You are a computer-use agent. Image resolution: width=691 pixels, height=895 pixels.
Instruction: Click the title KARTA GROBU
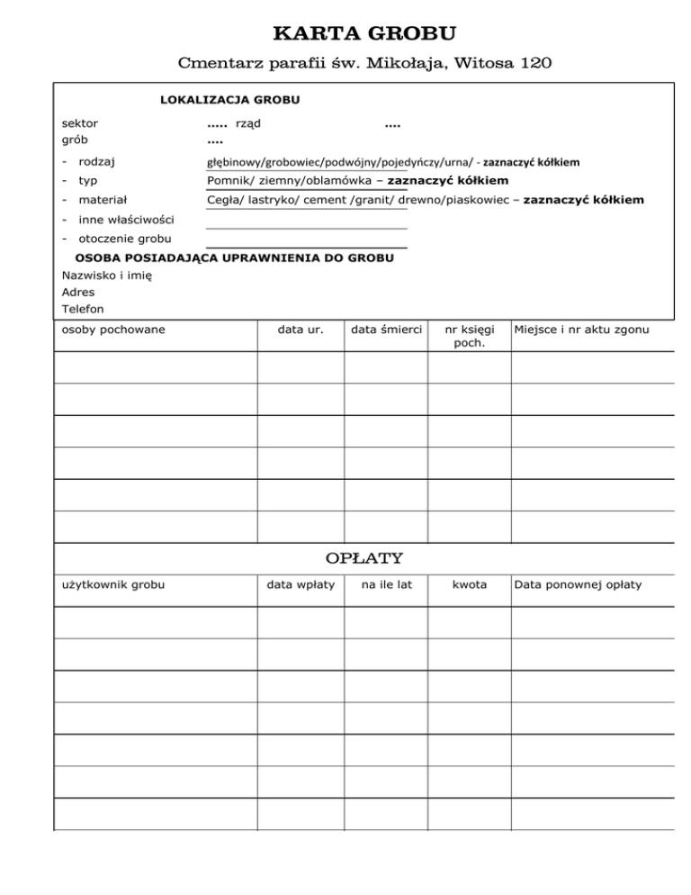click(363, 35)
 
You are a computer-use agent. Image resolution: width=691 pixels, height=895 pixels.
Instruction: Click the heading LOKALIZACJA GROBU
click(229, 99)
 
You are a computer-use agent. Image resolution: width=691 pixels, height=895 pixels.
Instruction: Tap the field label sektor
click(80, 122)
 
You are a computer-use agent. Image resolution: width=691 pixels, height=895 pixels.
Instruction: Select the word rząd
click(248, 122)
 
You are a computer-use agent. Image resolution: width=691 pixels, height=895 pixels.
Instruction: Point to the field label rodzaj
click(101, 162)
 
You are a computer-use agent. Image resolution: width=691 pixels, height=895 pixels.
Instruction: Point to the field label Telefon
click(83, 309)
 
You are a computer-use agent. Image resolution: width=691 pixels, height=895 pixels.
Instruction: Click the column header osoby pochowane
click(112, 330)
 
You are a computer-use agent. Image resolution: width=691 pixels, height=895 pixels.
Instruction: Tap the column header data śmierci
click(386, 330)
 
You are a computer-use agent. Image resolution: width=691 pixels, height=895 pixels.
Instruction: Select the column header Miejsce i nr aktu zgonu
click(580, 330)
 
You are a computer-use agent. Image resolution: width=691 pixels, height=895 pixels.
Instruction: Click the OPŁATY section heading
click(363, 558)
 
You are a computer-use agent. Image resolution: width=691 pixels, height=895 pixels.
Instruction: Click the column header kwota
click(469, 584)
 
